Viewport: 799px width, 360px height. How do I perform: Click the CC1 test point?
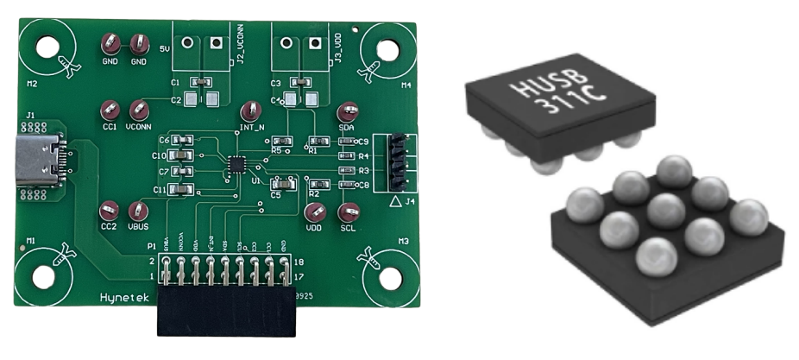pos(110,110)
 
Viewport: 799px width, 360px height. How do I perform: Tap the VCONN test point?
pos(138,110)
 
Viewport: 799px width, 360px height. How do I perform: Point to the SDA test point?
pos(348,111)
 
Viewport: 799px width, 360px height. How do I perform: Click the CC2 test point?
pos(109,210)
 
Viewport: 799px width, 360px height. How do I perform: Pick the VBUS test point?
pos(137,211)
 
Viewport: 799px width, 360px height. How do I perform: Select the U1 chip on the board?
pos(236,164)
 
